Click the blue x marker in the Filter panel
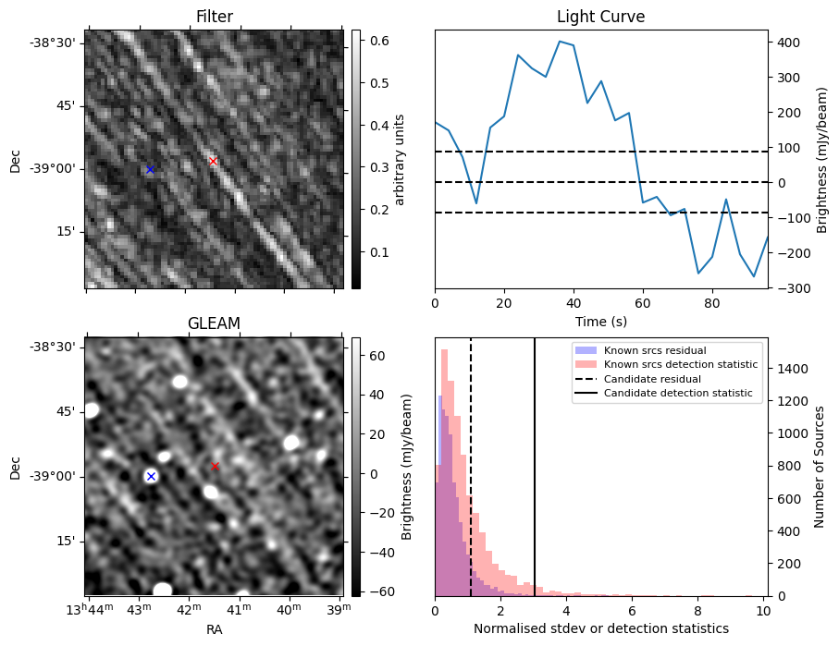(x=150, y=169)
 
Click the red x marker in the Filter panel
(x=213, y=161)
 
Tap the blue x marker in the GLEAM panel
(x=151, y=476)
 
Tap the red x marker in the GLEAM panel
(x=215, y=467)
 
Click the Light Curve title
(x=600, y=17)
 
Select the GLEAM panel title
(x=214, y=323)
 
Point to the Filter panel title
(x=214, y=17)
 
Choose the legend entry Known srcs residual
(x=655, y=350)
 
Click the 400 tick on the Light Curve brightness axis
(x=787, y=43)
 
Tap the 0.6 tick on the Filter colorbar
(x=379, y=41)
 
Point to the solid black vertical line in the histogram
(x=535, y=481)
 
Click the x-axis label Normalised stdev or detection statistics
(x=600, y=628)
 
